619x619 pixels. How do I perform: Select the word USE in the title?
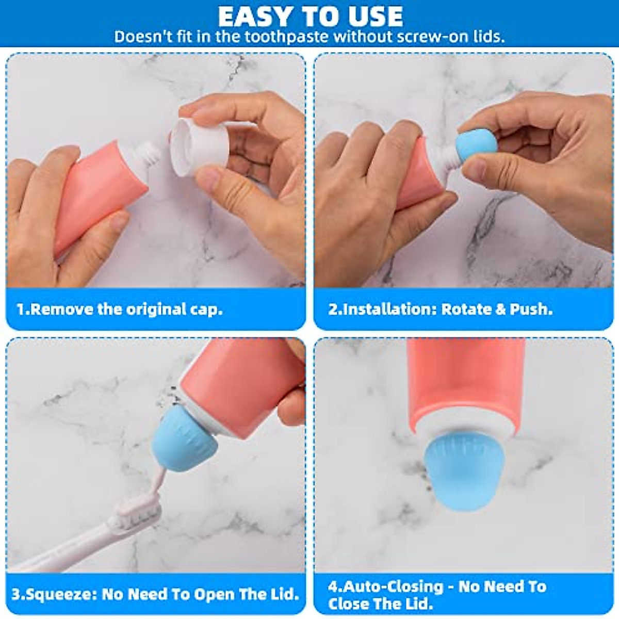point(372,17)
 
